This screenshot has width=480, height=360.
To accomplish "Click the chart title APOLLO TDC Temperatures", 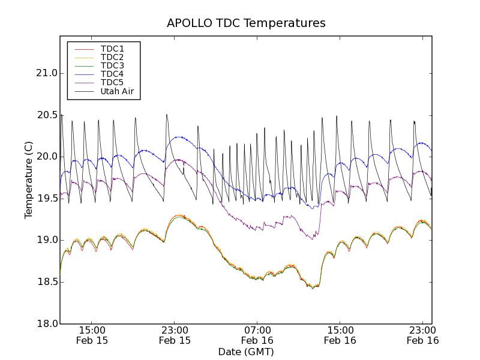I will (x=246, y=23).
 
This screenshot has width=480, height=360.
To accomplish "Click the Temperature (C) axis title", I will (x=29, y=180).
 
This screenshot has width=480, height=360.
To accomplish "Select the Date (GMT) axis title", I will (x=246, y=352).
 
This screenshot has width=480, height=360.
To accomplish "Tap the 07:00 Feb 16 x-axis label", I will (x=257, y=335).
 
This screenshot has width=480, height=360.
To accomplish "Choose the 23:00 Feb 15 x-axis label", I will (x=175, y=335).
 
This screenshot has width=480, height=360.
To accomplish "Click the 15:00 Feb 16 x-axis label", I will (x=340, y=335).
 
